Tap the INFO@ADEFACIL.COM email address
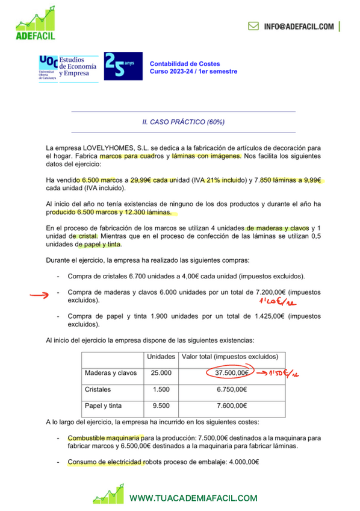(x=299, y=27)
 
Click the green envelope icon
(x=254, y=27)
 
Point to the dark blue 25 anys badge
(x=123, y=66)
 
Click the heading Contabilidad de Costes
(x=185, y=63)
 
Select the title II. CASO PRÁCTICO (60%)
(x=183, y=122)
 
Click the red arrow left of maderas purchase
(x=40, y=295)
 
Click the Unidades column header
(x=161, y=356)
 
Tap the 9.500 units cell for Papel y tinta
(x=161, y=406)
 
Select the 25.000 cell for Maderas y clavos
(x=161, y=373)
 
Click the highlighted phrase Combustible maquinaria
(x=105, y=437)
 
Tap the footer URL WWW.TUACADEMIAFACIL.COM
(x=193, y=498)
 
